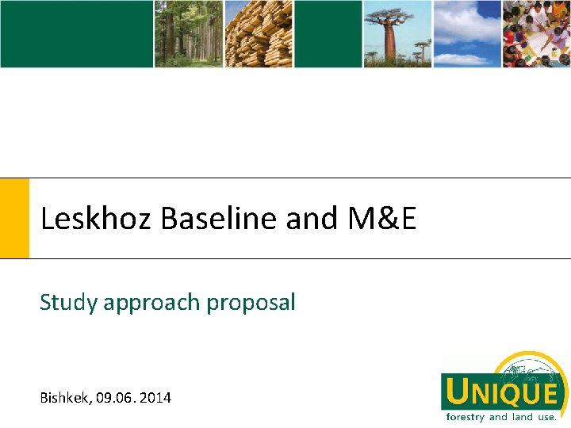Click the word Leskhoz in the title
click(97, 219)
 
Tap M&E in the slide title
click(381, 219)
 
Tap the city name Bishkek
click(64, 397)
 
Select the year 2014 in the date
click(157, 397)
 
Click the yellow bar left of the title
click(14, 218)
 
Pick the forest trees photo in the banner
click(188, 33)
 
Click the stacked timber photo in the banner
click(259, 33)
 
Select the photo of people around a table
click(537, 33)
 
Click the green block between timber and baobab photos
click(328, 33)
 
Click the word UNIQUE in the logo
click(502, 392)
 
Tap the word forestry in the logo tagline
click(466, 417)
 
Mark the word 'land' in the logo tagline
click(523, 417)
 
